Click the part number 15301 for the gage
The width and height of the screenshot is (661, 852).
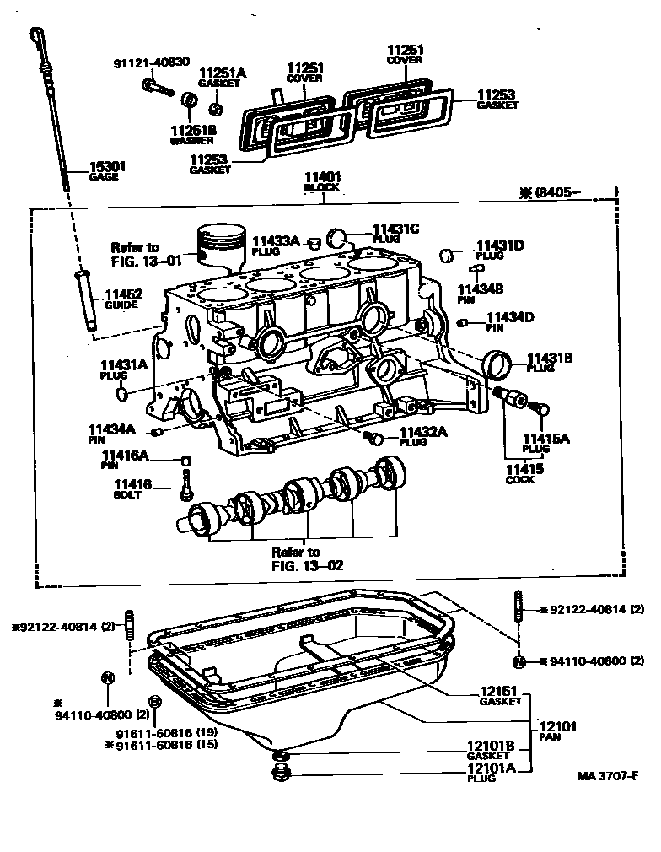[x=108, y=167]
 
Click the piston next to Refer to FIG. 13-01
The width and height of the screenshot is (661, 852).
[x=220, y=245]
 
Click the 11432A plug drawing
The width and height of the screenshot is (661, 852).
[x=376, y=439]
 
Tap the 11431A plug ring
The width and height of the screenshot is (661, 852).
[x=124, y=393]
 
